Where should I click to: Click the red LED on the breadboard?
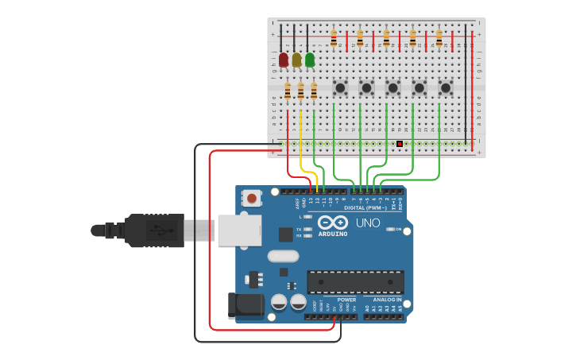click(x=284, y=60)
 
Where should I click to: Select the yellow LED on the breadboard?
click(x=297, y=60)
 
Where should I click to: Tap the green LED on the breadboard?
click(x=310, y=60)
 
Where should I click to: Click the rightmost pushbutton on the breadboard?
click(x=446, y=87)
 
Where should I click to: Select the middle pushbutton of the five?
click(x=392, y=87)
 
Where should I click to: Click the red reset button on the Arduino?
click(x=252, y=198)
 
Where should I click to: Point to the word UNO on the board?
click(x=368, y=223)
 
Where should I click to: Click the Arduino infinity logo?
click(x=333, y=222)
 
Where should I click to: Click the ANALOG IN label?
click(x=388, y=300)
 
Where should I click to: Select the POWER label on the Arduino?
click(x=336, y=300)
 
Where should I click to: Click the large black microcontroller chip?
click(x=355, y=281)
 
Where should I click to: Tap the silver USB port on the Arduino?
click(x=239, y=230)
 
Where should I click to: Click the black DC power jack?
click(x=245, y=306)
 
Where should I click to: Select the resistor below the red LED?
click(x=288, y=92)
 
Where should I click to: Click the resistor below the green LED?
click(x=314, y=92)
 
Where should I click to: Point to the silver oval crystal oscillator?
click(x=283, y=256)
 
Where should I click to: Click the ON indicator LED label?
click(x=398, y=229)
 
